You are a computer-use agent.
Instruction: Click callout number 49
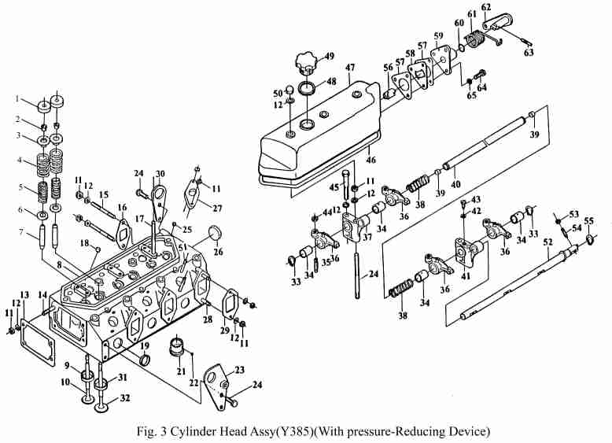point(329,56)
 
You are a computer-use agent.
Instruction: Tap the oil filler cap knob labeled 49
point(304,60)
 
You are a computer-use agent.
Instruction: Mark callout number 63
point(529,53)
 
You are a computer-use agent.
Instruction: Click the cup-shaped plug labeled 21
point(178,345)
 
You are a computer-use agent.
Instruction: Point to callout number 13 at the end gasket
point(24,295)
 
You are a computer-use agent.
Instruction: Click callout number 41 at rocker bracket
point(466,277)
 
